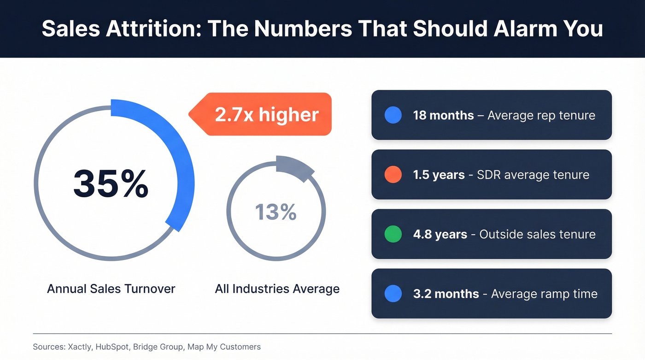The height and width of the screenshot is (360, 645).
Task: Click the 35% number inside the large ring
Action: point(111,183)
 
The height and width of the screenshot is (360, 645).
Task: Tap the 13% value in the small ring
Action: point(276,212)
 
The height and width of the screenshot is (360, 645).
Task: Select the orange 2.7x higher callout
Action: point(266,114)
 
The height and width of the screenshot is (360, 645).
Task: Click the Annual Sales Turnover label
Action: point(111,289)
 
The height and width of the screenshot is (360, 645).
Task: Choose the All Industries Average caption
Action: point(277,289)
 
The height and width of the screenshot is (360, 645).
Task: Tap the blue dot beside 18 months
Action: point(393,115)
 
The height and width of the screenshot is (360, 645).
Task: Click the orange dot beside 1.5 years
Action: point(393,175)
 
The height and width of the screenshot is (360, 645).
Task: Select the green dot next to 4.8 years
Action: point(393,234)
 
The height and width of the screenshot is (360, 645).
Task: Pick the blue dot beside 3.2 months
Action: point(393,294)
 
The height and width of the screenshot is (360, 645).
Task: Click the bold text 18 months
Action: point(443,115)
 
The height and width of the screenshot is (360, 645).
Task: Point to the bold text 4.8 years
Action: point(440,234)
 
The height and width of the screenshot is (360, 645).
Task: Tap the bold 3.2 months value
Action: point(446,294)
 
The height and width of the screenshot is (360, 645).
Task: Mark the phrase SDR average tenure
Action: point(533,175)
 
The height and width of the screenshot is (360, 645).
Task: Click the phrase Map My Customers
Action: point(224,347)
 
